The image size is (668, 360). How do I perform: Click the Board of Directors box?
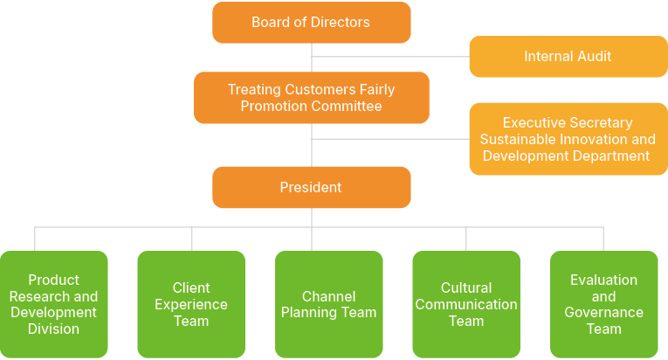coord(311,23)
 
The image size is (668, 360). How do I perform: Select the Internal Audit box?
coord(568,57)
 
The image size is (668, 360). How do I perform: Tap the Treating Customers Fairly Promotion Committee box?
coord(311,98)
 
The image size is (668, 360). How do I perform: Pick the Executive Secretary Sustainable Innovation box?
coord(568,140)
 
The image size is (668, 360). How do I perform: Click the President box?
coord(311,188)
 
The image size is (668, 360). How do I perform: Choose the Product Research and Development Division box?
coord(54,304)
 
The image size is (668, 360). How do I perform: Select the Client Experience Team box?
coord(191,304)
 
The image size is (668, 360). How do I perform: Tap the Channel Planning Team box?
coord(328,304)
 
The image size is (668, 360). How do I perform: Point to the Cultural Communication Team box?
coord(466,304)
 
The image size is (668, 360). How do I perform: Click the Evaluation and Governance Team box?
coord(603,304)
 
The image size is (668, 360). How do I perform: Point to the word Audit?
coord(591,57)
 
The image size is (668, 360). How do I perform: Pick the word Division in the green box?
coord(53,329)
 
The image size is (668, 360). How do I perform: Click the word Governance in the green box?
coord(603,313)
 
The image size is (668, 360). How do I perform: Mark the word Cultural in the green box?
coord(466,287)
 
